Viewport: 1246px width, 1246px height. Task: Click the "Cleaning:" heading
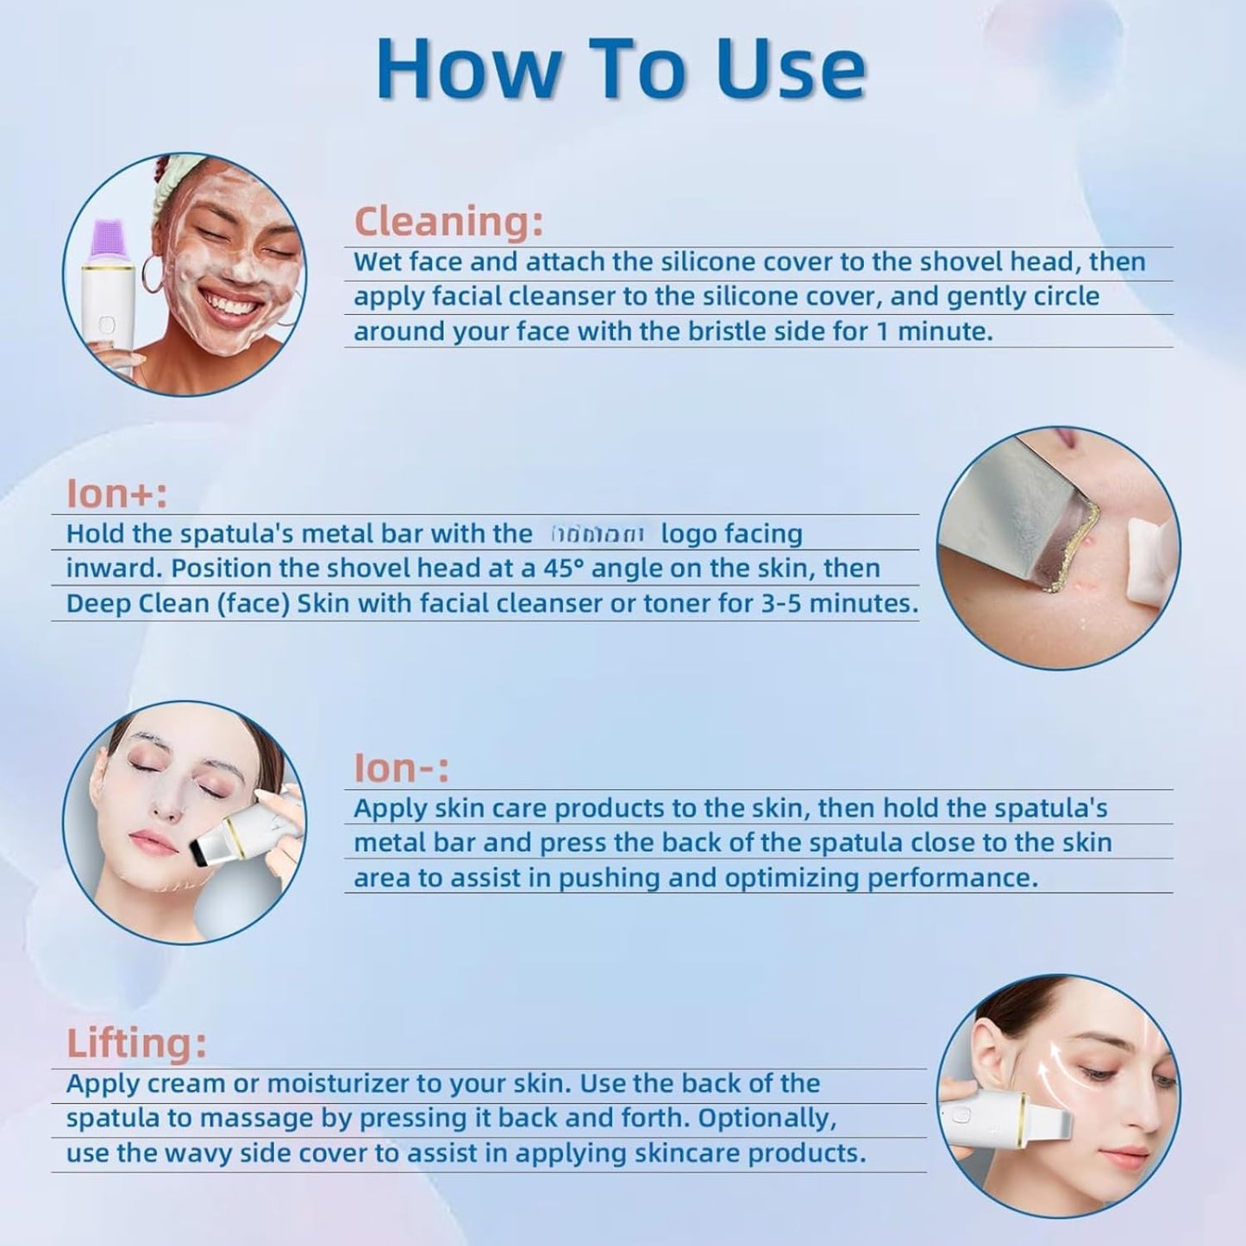pyautogui.click(x=448, y=221)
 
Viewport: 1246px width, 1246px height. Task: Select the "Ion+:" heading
pyautogui.click(x=116, y=493)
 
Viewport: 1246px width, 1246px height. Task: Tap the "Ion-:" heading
pyautogui.click(x=401, y=767)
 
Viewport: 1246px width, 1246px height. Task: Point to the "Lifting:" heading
pyautogui.click(x=136, y=1043)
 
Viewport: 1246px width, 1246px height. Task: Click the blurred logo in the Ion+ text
pyautogui.click(x=597, y=535)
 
